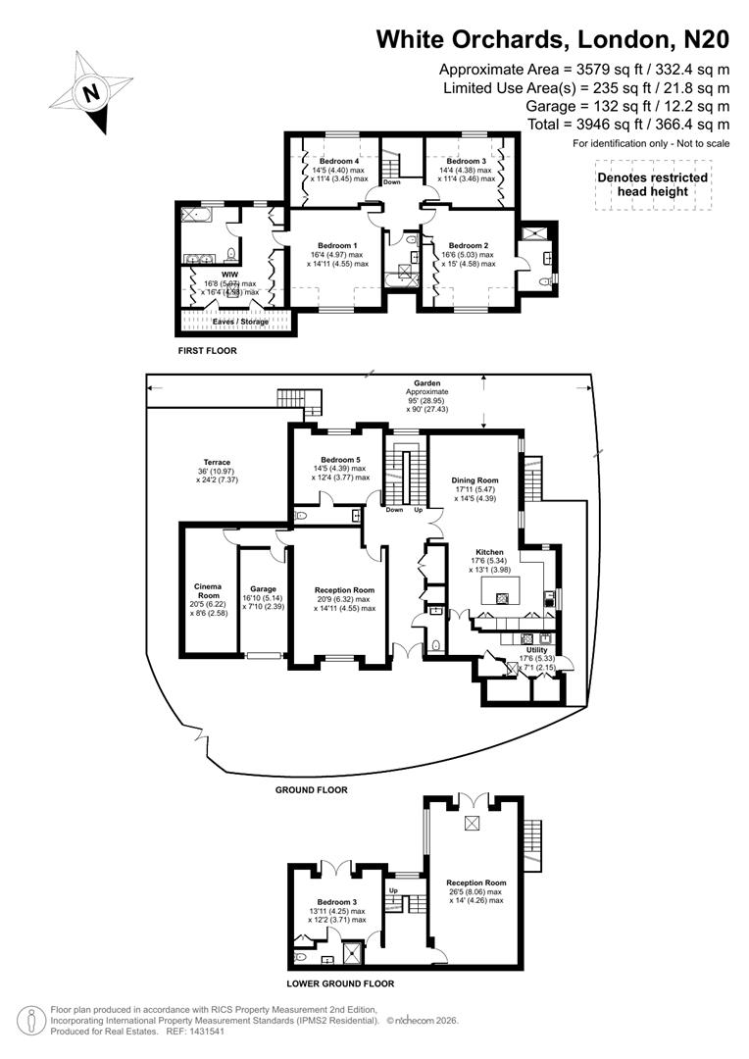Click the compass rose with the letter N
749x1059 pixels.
91,93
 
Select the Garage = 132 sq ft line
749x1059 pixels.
627,106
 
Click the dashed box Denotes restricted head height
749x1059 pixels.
652,184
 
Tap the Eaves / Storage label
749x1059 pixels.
239,321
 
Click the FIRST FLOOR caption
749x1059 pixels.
207,350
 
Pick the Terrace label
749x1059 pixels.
217,462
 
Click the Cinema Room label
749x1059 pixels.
208,591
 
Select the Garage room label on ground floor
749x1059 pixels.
262,589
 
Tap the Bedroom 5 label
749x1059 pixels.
339,459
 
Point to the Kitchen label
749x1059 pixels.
489,552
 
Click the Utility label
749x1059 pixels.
536,650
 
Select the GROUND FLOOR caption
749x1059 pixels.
312,789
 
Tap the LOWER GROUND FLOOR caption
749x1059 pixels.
339,983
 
